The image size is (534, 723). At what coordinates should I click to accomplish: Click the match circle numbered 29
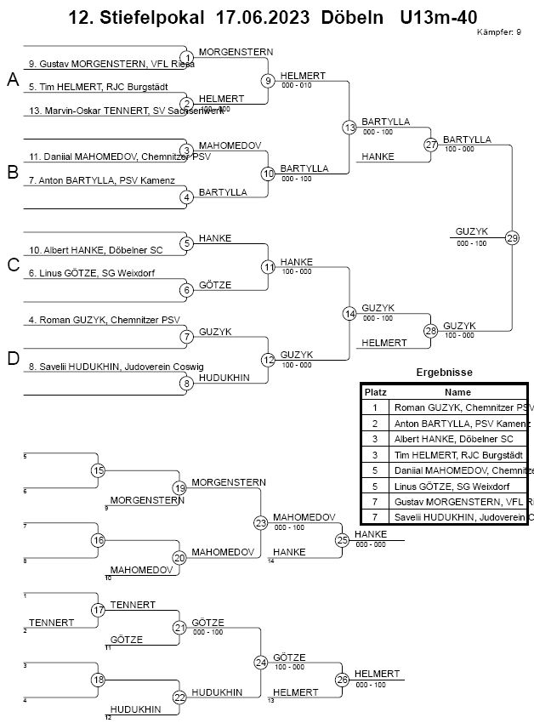pyautogui.click(x=511, y=237)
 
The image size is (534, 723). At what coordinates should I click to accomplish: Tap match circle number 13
pyautogui.click(x=349, y=128)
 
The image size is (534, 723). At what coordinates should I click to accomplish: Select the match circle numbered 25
pyautogui.click(x=342, y=539)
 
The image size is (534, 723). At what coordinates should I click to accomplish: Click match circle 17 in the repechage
pyautogui.click(x=98, y=610)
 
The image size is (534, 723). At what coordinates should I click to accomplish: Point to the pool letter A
pyautogui.click(x=13, y=80)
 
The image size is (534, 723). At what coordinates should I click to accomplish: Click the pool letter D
pyautogui.click(x=13, y=359)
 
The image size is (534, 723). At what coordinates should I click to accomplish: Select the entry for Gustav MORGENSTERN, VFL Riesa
pyautogui.click(x=111, y=64)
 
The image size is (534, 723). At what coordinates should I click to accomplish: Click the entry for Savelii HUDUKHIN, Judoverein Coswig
pyautogui.click(x=111, y=367)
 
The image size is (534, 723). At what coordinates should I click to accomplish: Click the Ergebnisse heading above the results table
pyautogui.click(x=444, y=373)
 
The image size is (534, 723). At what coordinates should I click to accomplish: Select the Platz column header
pyautogui.click(x=375, y=393)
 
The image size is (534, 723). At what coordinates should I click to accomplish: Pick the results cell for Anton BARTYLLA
pyautogui.click(x=459, y=424)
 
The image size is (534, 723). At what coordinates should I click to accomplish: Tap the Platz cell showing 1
pyautogui.click(x=375, y=408)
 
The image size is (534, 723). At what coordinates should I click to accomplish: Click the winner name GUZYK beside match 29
pyautogui.click(x=470, y=231)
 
